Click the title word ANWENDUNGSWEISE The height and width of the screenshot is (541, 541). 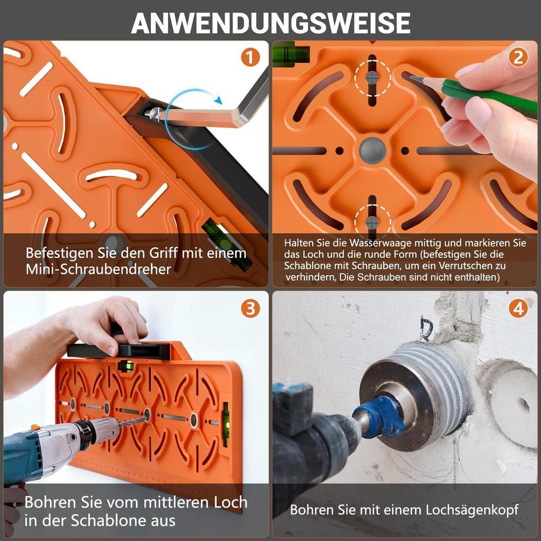[x=270, y=23]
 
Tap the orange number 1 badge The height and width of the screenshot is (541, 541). [x=250, y=57]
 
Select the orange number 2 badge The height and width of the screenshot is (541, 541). [x=518, y=57]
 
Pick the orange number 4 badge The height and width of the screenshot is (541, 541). [x=518, y=309]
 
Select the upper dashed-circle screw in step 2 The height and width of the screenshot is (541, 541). [x=372, y=78]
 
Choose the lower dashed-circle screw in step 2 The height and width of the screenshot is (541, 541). [x=372, y=222]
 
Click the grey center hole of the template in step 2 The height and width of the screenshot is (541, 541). [x=372, y=151]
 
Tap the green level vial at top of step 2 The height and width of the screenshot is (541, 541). [x=290, y=54]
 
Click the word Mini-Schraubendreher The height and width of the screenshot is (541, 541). [x=98, y=269]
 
